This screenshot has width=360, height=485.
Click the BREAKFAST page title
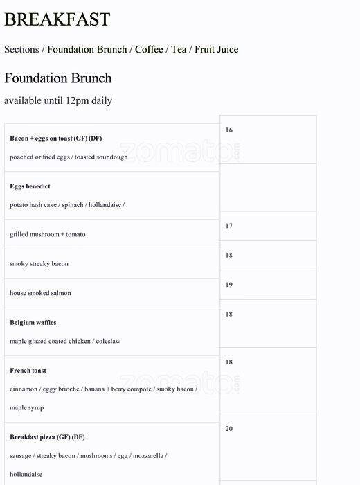57,19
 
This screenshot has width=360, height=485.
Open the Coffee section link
149,49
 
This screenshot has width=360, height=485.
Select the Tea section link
179,49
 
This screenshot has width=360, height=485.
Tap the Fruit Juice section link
216,49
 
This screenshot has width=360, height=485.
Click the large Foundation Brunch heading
57,78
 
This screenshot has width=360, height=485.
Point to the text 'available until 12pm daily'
57,100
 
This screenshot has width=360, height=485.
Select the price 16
229,130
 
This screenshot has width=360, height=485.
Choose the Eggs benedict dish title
30,186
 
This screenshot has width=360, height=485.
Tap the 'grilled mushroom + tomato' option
48,234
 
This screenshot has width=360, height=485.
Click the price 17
229,226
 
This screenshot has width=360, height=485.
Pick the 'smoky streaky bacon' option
39,264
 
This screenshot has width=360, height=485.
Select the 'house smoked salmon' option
40,293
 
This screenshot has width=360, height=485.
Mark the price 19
229,285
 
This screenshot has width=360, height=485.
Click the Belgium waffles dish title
33,322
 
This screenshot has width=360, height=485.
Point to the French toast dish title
28,371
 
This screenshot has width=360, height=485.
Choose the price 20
229,429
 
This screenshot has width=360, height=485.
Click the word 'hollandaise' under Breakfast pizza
26,475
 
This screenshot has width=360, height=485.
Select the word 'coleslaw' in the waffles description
107,341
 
